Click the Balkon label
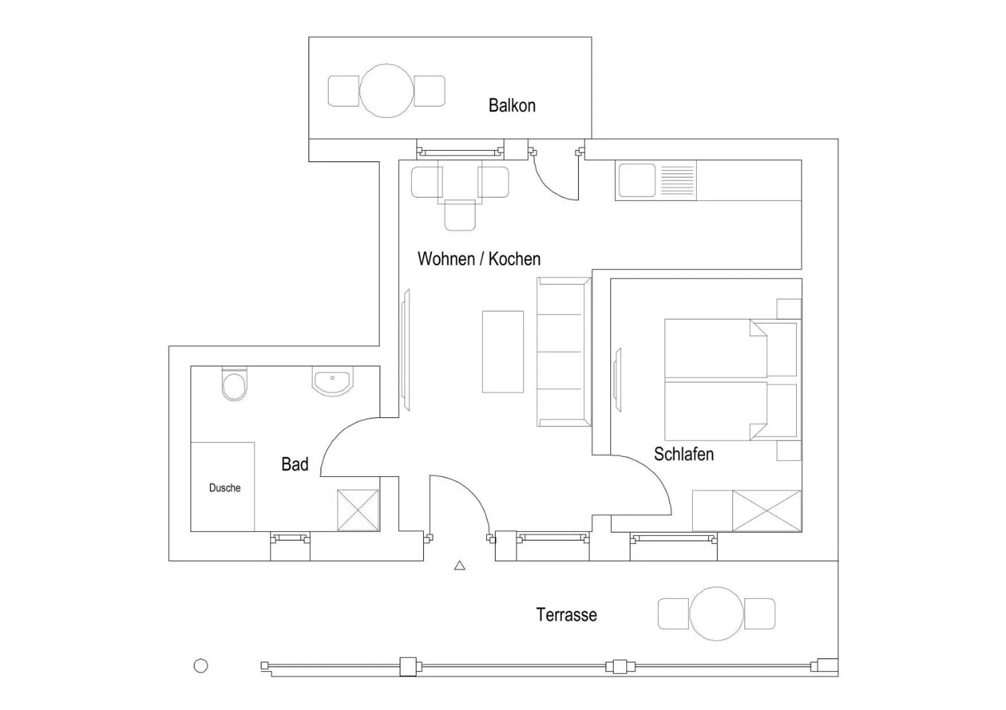[512, 105]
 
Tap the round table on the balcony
[387, 91]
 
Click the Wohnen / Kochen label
[479, 259]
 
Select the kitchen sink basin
[635, 180]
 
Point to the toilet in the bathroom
[234, 386]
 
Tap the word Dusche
[225, 488]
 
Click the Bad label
[295, 464]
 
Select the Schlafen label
[684, 454]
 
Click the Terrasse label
[567, 615]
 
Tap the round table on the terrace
[716, 614]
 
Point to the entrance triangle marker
[459, 566]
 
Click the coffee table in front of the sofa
[503, 352]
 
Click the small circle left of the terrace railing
[201, 666]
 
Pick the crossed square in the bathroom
[358, 510]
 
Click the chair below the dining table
[460, 215]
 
